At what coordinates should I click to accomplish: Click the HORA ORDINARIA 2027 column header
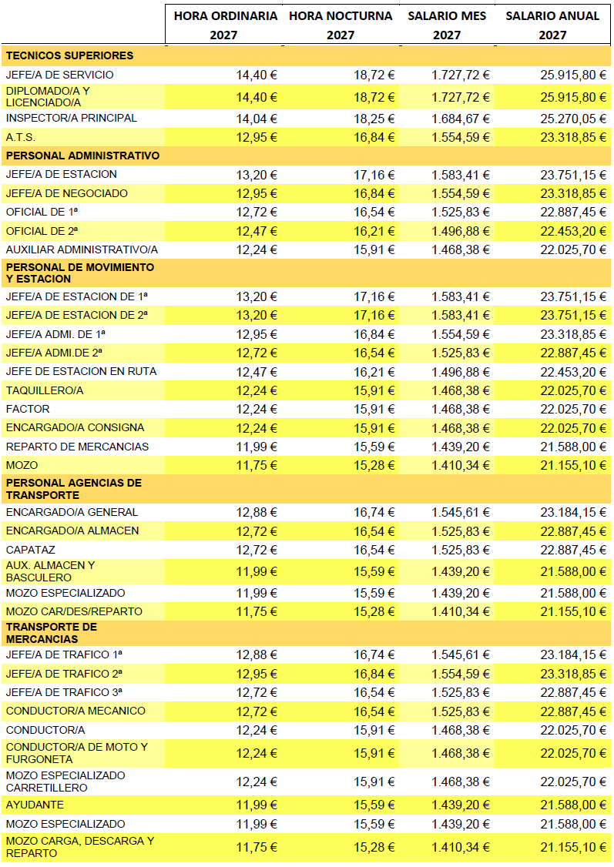(x=226, y=25)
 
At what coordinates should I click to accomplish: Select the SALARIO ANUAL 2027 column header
(x=552, y=25)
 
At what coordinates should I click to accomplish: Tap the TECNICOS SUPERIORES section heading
(x=69, y=55)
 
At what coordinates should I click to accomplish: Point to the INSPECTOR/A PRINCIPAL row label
(x=71, y=118)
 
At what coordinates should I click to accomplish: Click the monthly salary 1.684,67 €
(x=461, y=119)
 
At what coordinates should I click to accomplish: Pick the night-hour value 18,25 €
(x=374, y=119)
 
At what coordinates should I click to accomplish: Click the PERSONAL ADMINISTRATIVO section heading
(x=82, y=156)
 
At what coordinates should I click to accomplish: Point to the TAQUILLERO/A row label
(x=44, y=390)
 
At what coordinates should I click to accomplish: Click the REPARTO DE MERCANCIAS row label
(x=77, y=447)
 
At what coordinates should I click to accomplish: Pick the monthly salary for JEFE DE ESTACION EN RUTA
(x=461, y=371)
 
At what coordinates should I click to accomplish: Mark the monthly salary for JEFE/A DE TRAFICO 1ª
(x=461, y=654)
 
